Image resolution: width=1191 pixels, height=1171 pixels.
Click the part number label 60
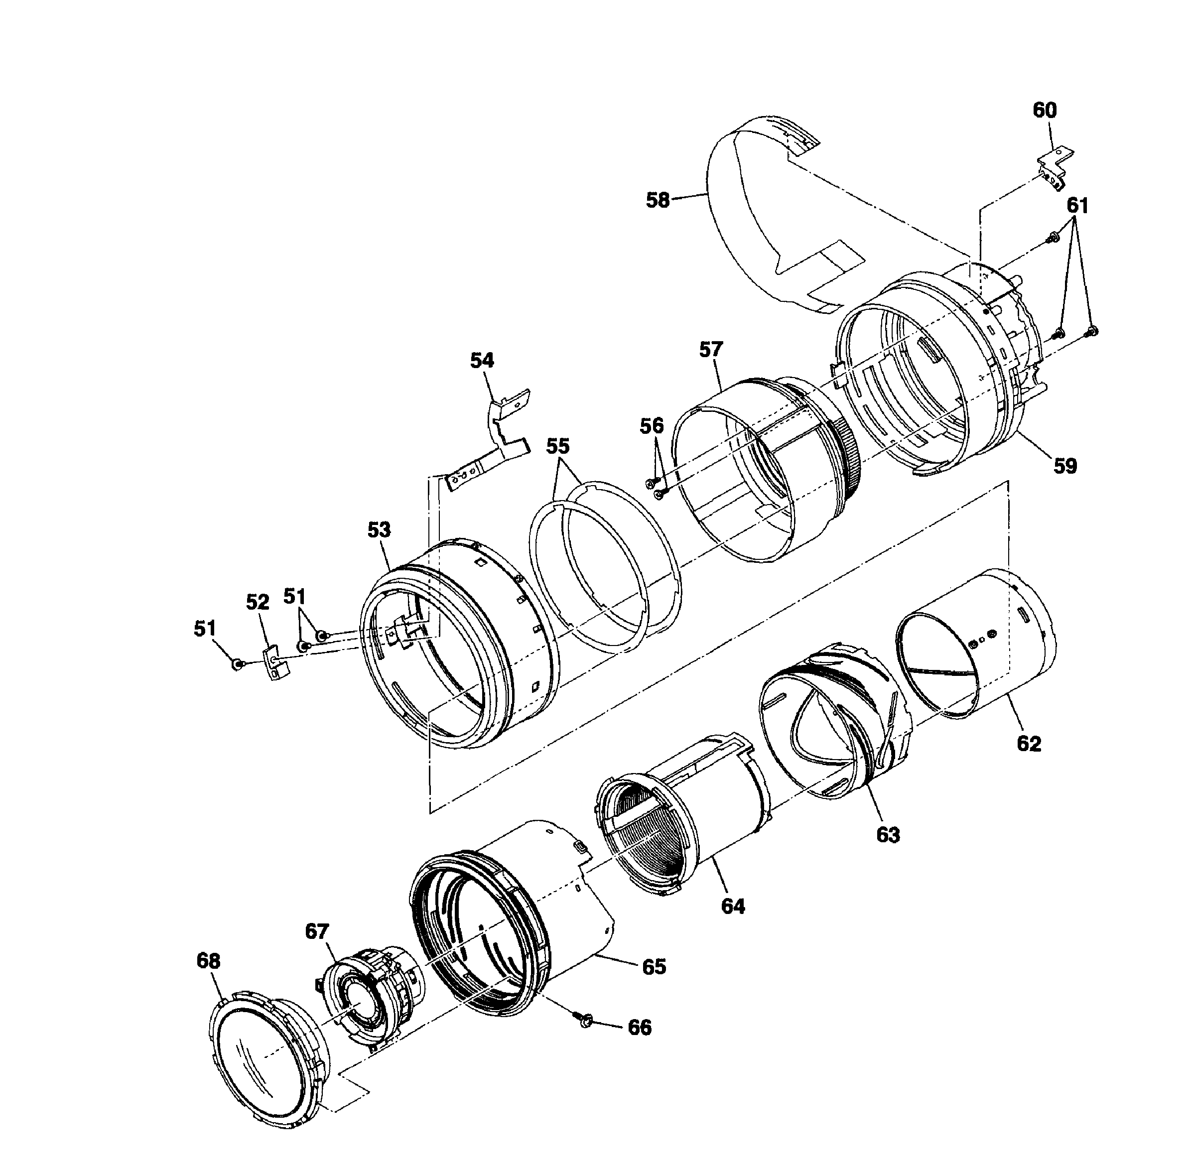pyautogui.click(x=1044, y=111)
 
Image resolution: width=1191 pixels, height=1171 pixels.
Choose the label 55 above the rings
pyautogui.click(x=558, y=446)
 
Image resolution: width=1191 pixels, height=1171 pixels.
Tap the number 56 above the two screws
pyautogui.click(x=652, y=425)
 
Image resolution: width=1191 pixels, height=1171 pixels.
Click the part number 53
pyautogui.click(x=379, y=529)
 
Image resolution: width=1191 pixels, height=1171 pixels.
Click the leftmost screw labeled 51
pyautogui.click(x=236, y=663)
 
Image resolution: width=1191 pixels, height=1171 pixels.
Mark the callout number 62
pyautogui.click(x=1029, y=744)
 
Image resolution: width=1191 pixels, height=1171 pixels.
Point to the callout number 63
pyautogui.click(x=888, y=835)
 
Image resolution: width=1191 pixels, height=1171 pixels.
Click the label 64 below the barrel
pyautogui.click(x=733, y=906)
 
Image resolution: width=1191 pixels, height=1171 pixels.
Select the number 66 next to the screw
pyautogui.click(x=639, y=1028)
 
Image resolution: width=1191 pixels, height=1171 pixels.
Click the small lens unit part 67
pyautogui.click(x=369, y=996)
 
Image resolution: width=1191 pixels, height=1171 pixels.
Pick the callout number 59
pyautogui.click(x=1065, y=466)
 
